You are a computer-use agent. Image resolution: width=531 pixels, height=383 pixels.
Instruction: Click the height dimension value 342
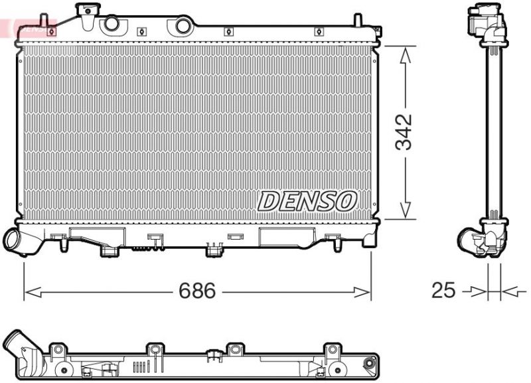(x=404, y=132)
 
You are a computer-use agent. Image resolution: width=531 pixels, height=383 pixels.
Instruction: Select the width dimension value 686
(x=197, y=291)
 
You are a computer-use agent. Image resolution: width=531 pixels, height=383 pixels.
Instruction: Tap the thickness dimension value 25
(x=444, y=291)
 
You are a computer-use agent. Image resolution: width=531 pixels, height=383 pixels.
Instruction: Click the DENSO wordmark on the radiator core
(x=307, y=201)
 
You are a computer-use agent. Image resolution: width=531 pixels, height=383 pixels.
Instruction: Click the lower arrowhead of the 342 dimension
(x=404, y=210)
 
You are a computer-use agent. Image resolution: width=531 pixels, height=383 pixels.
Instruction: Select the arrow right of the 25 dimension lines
(x=510, y=291)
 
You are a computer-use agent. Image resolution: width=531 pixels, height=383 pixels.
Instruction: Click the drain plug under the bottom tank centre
(x=213, y=250)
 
